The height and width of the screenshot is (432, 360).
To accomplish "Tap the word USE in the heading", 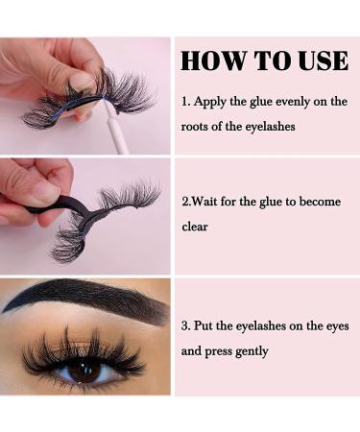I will (x=317, y=60).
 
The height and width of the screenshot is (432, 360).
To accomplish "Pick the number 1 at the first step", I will (x=184, y=102).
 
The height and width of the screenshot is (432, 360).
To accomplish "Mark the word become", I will (x=321, y=203).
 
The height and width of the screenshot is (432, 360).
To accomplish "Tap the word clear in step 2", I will (x=197, y=228).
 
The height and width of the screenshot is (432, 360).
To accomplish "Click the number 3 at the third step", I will (x=184, y=326).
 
